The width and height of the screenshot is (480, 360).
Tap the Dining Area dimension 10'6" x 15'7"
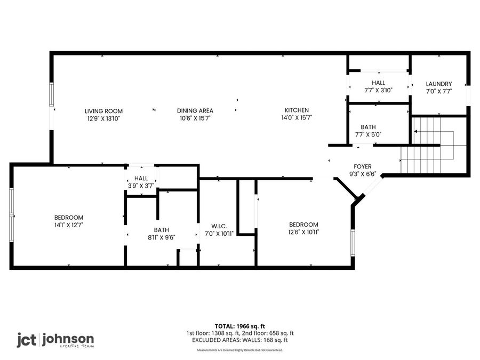tap(195, 118)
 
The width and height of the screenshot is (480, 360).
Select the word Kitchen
tap(297, 110)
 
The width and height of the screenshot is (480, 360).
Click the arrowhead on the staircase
tap(415, 132)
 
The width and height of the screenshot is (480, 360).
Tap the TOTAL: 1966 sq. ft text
tap(239, 326)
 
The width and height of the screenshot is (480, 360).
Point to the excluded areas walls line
tap(239, 340)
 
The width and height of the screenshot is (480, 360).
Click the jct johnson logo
tap(55, 340)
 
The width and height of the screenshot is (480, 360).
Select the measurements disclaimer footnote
tap(239, 350)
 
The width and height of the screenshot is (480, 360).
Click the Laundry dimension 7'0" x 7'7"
tap(439, 91)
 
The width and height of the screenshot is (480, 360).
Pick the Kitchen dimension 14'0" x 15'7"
tap(297, 117)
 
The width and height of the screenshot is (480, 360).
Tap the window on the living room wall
tap(52, 94)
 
